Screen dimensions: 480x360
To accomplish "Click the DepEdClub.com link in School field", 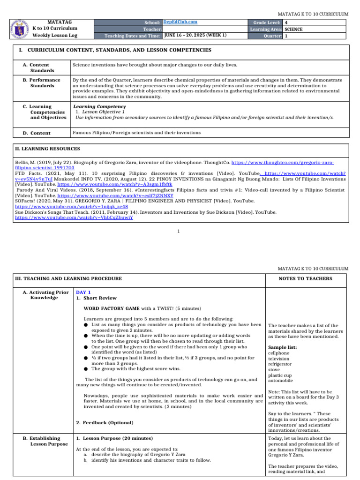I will pyautogui.click(x=180, y=22).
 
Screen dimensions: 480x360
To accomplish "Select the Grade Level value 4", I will pyautogui.click(x=286, y=22).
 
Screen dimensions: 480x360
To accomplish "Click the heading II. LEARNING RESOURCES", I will pyautogui.click(x=48, y=149).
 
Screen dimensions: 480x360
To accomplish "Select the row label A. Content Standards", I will pyautogui.click(x=39, y=67).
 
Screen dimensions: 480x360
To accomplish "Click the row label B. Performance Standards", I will pyautogui.click(x=42, y=83).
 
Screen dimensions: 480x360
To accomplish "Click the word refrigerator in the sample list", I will pyautogui.click(x=281, y=364).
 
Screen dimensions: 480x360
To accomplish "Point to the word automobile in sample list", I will pyautogui.click(x=280, y=381).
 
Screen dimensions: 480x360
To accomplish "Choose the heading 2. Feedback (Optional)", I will pyautogui.click(x=105, y=423).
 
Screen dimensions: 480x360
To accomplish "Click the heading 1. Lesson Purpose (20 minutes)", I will pyautogui.click(x=114, y=438).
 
